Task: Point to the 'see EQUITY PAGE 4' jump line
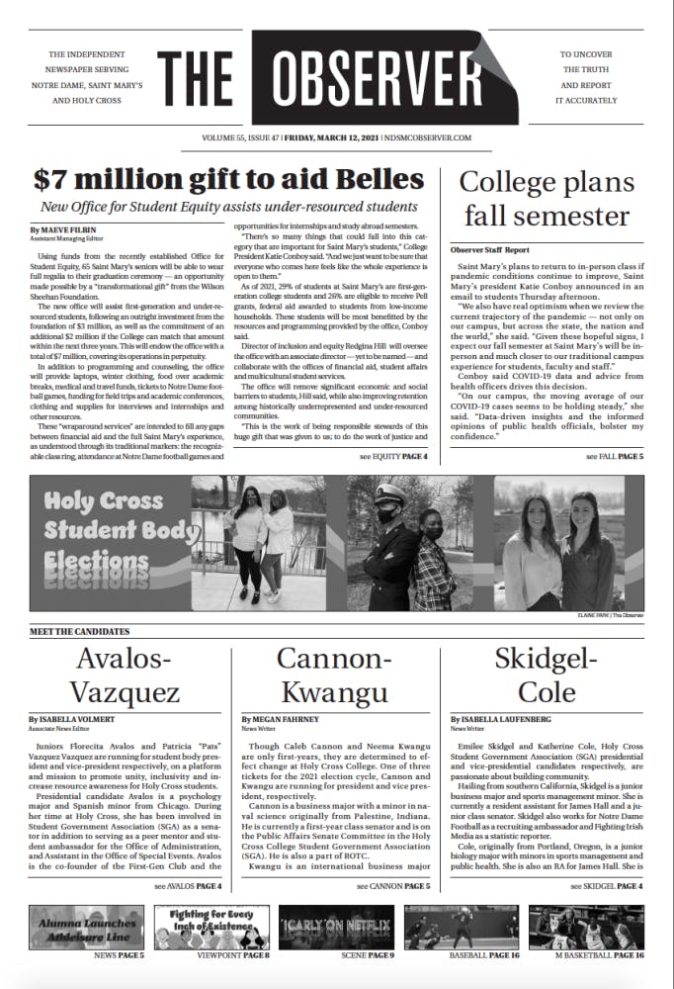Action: point(393,457)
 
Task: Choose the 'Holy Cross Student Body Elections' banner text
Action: point(106,531)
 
